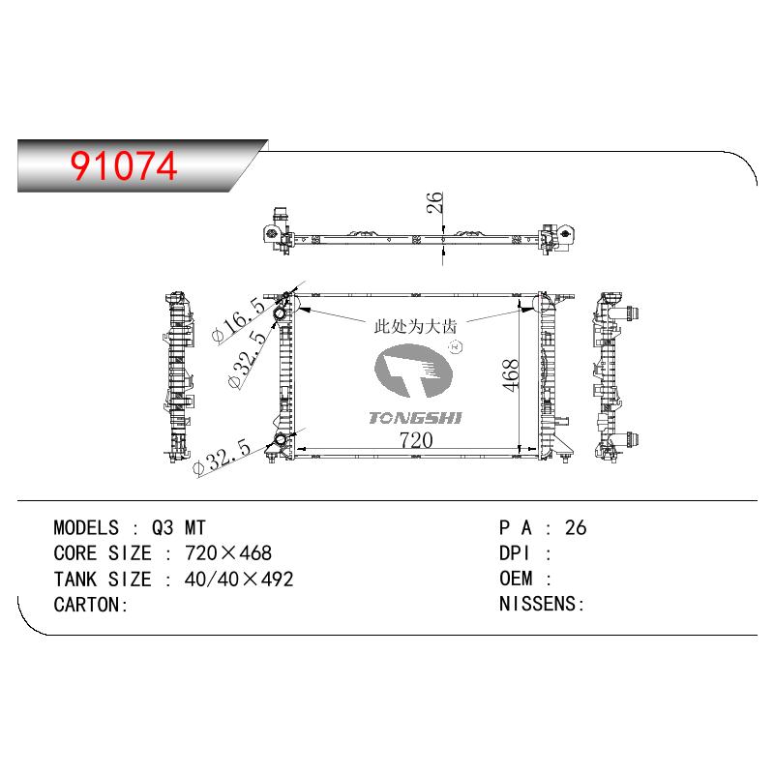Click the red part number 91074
124,165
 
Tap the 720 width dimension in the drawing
416,440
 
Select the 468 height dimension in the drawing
511,375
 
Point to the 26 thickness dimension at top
434,202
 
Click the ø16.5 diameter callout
239,319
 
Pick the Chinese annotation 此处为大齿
415,326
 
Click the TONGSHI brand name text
415,418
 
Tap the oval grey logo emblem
414,372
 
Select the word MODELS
86,527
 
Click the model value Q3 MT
178,527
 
